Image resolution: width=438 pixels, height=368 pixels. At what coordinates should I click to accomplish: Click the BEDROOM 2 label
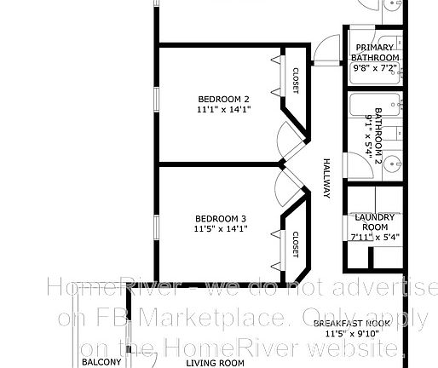[x=223, y=98]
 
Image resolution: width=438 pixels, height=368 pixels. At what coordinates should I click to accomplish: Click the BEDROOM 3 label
[x=220, y=217]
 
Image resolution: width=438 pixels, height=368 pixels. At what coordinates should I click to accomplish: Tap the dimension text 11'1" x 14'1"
[x=223, y=109]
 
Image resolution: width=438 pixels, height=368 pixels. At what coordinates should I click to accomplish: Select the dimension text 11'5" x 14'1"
[x=220, y=228]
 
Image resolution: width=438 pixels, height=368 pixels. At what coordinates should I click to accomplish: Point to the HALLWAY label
[x=326, y=179]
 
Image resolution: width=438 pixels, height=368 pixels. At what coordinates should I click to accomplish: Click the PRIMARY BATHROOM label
[x=375, y=52]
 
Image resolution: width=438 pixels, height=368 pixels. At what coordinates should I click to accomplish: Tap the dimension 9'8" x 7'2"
[x=375, y=67]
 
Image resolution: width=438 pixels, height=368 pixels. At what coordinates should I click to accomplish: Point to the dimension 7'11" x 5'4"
[x=375, y=238]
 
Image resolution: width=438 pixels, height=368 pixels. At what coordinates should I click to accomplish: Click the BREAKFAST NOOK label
[x=351, y=325]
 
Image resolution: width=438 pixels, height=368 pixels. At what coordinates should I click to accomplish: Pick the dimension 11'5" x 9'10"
[x=351, y=335]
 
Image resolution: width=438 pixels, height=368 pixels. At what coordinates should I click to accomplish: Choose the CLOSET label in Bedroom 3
[x=296, y=244]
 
